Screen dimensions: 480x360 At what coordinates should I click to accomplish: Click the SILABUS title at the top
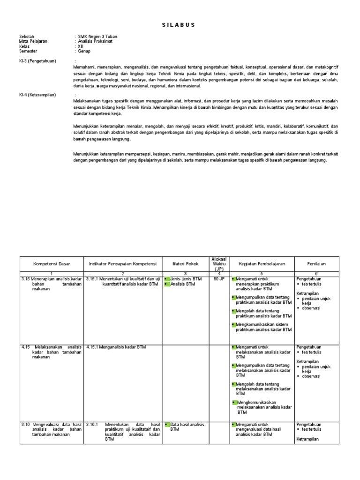pyautogui.click(x=180, y=25)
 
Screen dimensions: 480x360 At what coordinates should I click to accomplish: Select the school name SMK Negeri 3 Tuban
pyautogui.click(x=99, y=37)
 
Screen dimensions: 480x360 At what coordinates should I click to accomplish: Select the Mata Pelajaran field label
pyautogui.click(x=33, y=41)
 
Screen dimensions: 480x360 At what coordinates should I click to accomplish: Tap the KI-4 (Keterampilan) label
pyautogui.click(x=37, y=95)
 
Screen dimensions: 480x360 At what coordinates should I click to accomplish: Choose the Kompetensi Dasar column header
pyautogui.click(x=51, y=264)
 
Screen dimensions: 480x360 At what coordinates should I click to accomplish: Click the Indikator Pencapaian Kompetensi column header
pyautogui.click(x=122, y=264)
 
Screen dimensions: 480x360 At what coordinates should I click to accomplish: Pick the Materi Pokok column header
pyautogui.click(x=185, y=264)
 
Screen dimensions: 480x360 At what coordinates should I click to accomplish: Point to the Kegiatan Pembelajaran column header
pyautogui.click(x=262, y=264)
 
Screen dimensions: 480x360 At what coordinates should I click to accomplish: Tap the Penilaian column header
pyautogui.click(x=316, y=264)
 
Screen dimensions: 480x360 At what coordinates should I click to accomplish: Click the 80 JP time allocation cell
pyautogui.click(x=219, y=278)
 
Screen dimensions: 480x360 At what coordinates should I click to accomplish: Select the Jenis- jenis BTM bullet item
pyautogui.click(x=187, y=278)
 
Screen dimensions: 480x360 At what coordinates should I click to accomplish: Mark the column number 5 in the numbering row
pyautogui.click(x=262, y=273)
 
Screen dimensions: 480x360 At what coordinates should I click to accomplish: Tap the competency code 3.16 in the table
pyautogui.click(x=25, y=424)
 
